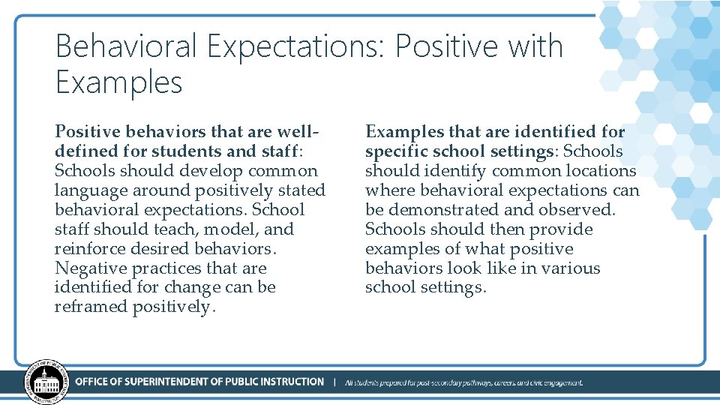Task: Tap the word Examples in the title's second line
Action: click(118, 82)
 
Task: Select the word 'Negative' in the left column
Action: click(91, 268)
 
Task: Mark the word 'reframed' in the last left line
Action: click(91, 307)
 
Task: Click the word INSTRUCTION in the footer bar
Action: click(287, 382)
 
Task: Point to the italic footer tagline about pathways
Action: click(463, 382)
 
